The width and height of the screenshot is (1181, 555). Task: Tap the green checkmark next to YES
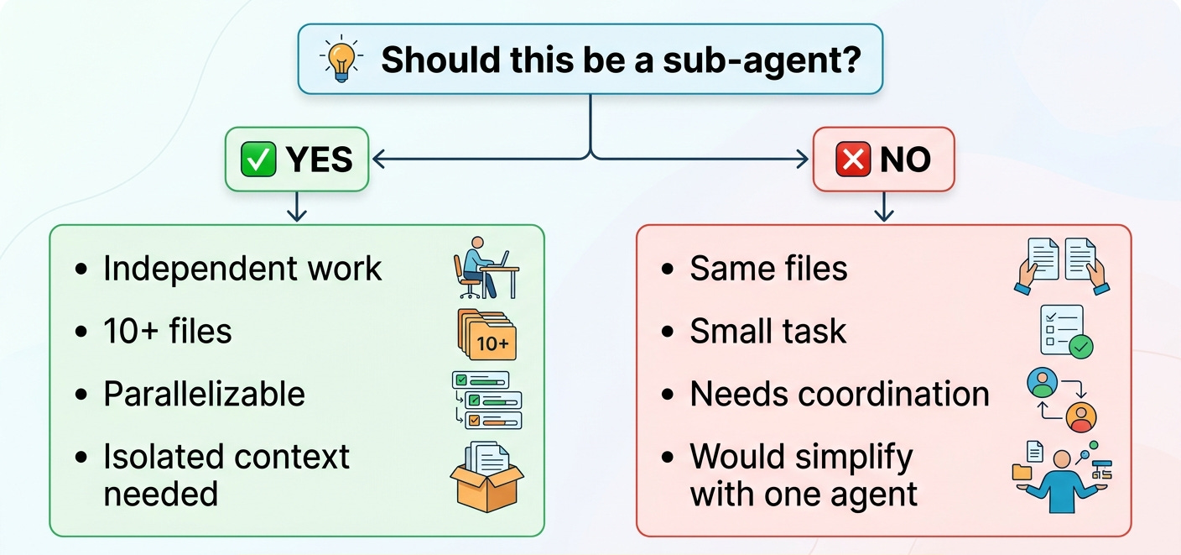pos(258,160)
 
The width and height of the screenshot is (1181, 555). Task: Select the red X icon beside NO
pos(853,160)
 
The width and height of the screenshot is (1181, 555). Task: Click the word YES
pos(320,160)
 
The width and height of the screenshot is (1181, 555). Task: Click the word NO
pos(905,160)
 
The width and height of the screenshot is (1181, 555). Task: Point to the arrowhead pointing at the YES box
pos(377,158)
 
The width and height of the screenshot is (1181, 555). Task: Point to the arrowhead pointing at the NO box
pos(805,158)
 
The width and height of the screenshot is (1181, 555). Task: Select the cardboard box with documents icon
pos(486,476)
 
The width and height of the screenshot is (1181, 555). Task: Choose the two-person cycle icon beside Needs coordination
pos(1062,399)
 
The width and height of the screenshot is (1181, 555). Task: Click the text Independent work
pos(242,269)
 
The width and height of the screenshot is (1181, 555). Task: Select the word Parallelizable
pos(204,394)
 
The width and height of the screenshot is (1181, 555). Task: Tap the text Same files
pos(768,269)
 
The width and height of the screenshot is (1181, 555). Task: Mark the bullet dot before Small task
pos(668,332)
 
